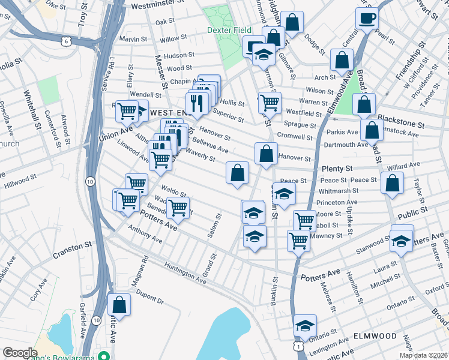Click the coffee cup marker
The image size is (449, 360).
pyautogui.click(x=366, y=19)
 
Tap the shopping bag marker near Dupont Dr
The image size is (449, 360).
pyautogui.click(x=119, y=305)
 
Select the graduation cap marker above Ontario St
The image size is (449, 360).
pyautogui.click(x=305, y=326)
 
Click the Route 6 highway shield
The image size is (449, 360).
pyautogui.click(x=66, y=41)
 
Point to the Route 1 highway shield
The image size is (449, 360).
pyautogui.click(x=298, y=347)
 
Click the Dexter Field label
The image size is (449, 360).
pyautogui.click(x=229, y=29)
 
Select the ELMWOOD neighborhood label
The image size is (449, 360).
pyautogui.click(x=375, y=335)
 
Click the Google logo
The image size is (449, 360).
pyautogui.click(x=20, y=352)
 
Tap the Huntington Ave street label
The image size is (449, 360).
pyautogui.click(x=186, y=275)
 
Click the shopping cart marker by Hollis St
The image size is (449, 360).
pyautogui.click(x=270, y=103)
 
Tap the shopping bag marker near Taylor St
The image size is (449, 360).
pyautogui.click(x=392, y=184)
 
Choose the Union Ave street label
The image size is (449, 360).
pyautogui.click(x=116, y=130)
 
